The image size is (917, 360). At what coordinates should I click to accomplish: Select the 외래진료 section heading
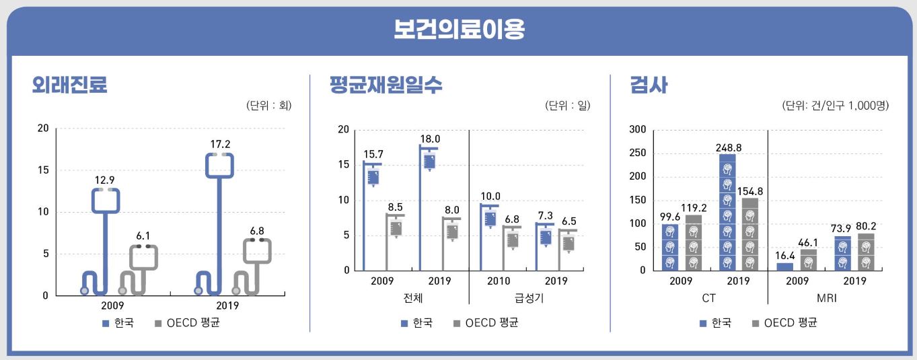coord(70,85)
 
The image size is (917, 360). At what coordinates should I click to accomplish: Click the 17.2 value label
coord(220,144)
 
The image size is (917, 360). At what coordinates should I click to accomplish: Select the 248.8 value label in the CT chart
coord(728,147)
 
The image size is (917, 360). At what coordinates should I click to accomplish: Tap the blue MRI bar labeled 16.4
coord(784,266)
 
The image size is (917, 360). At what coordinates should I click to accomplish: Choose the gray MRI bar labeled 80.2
coord(866,252)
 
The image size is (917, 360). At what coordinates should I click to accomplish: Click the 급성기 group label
coord(527,297)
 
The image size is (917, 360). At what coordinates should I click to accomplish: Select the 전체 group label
coord(410,297)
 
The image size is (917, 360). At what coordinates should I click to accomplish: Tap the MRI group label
coord(826,297)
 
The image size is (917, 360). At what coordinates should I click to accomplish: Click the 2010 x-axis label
coord(499,281)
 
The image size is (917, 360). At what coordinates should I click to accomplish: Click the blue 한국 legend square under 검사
coord(703,323)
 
